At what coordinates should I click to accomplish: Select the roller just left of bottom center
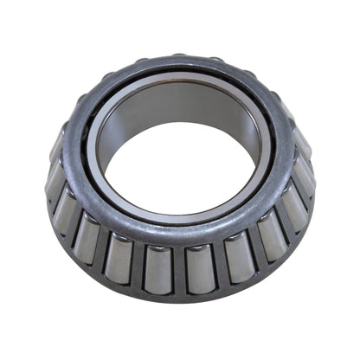[158, 268]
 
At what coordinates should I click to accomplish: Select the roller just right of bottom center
[201, 268]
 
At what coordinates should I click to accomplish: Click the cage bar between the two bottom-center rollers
[179, 271]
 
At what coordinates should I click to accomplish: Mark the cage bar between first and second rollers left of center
[138, 266]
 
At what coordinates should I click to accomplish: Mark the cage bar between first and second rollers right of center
[221, 266]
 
